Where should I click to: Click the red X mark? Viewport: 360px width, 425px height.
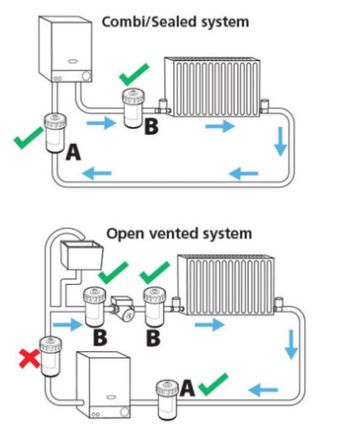(x=30, y=359)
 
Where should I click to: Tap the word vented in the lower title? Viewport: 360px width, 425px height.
(x=174, y=234)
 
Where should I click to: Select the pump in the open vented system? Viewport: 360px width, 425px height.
(x=123, y=309)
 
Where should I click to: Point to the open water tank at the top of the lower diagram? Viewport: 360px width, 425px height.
(x=82, y=254)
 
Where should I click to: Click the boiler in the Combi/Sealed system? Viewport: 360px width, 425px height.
(x=66, y=49)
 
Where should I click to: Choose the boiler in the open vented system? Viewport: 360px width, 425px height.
(x=103, y=385)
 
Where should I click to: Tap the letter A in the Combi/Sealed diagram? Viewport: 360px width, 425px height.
(x=74, y=152)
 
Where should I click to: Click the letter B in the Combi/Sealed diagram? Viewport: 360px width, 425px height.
(x=151, y=126)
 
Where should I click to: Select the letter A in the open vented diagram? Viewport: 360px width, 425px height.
(x=188, y=388)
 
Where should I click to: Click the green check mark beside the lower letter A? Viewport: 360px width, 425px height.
(x=214, y=385)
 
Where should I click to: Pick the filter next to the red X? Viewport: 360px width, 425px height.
(x=51, y=356)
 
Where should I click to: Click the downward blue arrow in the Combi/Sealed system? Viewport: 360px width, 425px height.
(x=280, y=142)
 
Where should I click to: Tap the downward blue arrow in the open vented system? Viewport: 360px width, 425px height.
(x=291, y=344)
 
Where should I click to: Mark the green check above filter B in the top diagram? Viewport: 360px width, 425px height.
(x=134, y=74)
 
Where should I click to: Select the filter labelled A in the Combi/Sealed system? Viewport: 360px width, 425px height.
(x=56, y=133)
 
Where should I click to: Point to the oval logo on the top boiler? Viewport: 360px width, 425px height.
(x=73, y=62)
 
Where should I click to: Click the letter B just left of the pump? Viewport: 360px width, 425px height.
(x=100, y=338)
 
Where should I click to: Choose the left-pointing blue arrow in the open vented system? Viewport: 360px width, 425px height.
(x=263, y=390)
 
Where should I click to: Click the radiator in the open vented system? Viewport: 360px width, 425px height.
(x=226, y=285)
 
